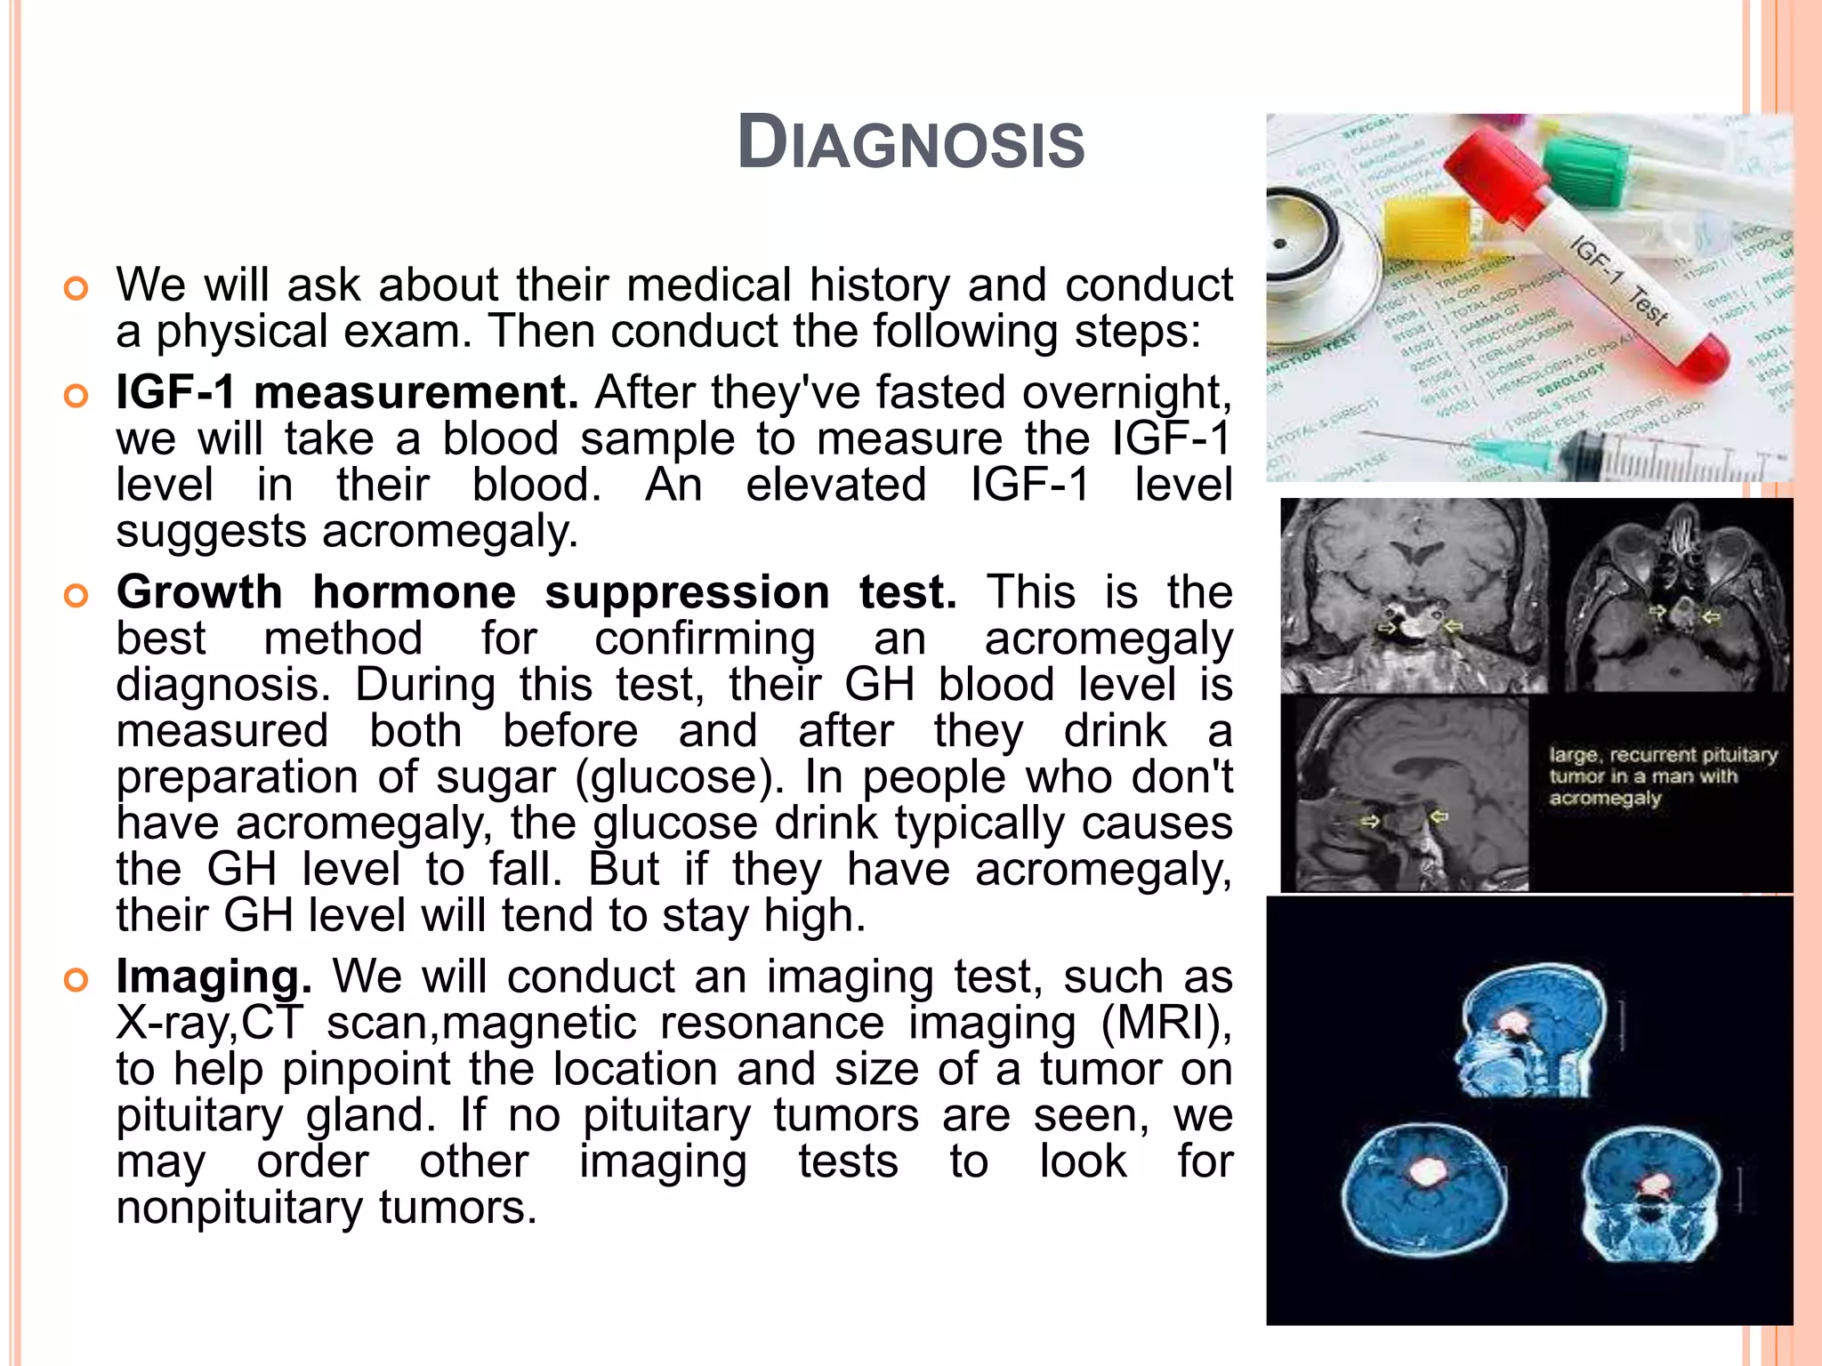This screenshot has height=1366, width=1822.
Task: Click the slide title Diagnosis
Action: [911, 144]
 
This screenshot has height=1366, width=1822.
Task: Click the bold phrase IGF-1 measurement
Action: [347, 392]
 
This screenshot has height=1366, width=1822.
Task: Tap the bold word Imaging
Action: [214, 976]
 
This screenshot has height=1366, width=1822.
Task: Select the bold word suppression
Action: [687, 592]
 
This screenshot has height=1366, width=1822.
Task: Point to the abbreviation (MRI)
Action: [1165, 1023]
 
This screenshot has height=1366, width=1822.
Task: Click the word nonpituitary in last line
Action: [239, 1208]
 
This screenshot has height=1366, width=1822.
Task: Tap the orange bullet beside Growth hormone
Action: [77, 596]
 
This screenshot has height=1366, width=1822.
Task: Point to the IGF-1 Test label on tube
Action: [1619, 279]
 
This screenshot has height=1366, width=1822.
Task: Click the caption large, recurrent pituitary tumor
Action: [1662, 776]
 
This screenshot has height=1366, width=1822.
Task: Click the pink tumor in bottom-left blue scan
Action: [1428, 1172]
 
